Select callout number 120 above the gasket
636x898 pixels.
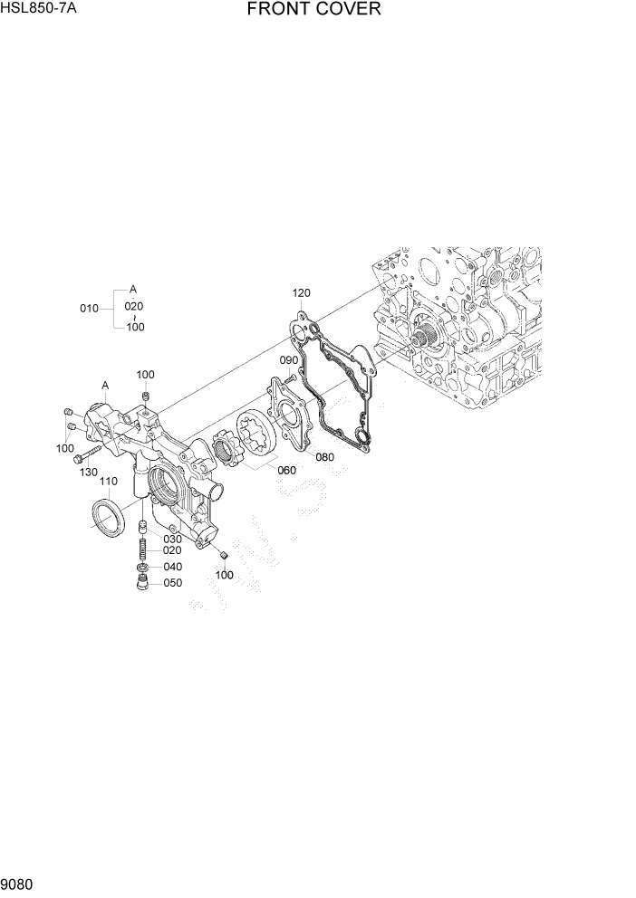301,292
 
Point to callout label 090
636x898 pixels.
288,360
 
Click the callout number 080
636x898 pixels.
325,457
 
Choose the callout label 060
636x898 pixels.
286,470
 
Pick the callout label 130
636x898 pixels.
88,472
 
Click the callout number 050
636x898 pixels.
171,583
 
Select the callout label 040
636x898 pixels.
171,567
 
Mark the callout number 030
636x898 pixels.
171,539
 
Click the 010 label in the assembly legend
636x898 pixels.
89,308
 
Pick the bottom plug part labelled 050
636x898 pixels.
142,582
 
